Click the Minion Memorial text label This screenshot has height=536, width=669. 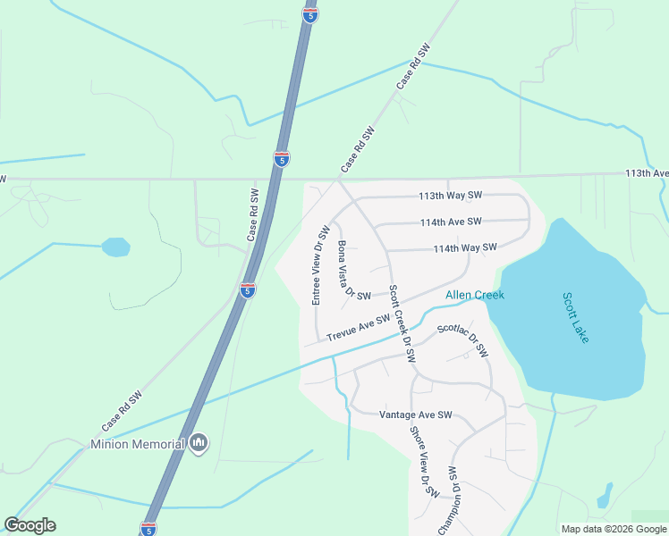(138, 444)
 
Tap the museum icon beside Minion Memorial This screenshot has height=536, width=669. (199, 443)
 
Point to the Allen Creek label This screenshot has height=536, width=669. (475, 296)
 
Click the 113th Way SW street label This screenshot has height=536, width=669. (451, 196)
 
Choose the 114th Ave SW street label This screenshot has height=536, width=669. (451, 222)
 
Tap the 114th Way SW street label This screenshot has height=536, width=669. (464, 248)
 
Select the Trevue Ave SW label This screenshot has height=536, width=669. (359, 328)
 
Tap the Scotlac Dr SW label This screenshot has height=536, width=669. (463, 339)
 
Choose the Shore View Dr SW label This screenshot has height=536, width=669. (425, 461)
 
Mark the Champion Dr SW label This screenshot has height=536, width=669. (451, 500)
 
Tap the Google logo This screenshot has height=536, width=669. (30, 525)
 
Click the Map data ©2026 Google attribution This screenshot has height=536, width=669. (614, 529)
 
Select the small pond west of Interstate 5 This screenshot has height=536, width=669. (115, 247)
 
